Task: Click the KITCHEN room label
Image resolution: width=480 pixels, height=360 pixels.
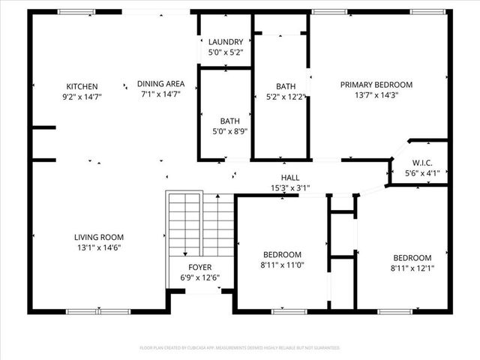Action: [82, 86]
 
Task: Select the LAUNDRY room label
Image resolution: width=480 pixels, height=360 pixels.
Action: [226, 42]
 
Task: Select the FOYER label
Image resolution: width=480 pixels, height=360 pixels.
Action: [200, 268]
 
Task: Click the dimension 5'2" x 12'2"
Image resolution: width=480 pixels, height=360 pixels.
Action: [286, 97]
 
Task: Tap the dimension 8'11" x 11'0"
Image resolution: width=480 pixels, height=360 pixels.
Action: [282, 265]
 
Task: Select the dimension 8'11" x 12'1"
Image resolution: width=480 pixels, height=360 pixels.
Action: [412, 268]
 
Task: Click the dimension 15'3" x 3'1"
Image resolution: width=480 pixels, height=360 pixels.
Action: [290, 187]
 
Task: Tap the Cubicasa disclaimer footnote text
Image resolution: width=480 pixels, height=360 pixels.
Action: [240, 348]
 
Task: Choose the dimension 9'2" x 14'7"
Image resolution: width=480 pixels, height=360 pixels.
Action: [82, 97]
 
